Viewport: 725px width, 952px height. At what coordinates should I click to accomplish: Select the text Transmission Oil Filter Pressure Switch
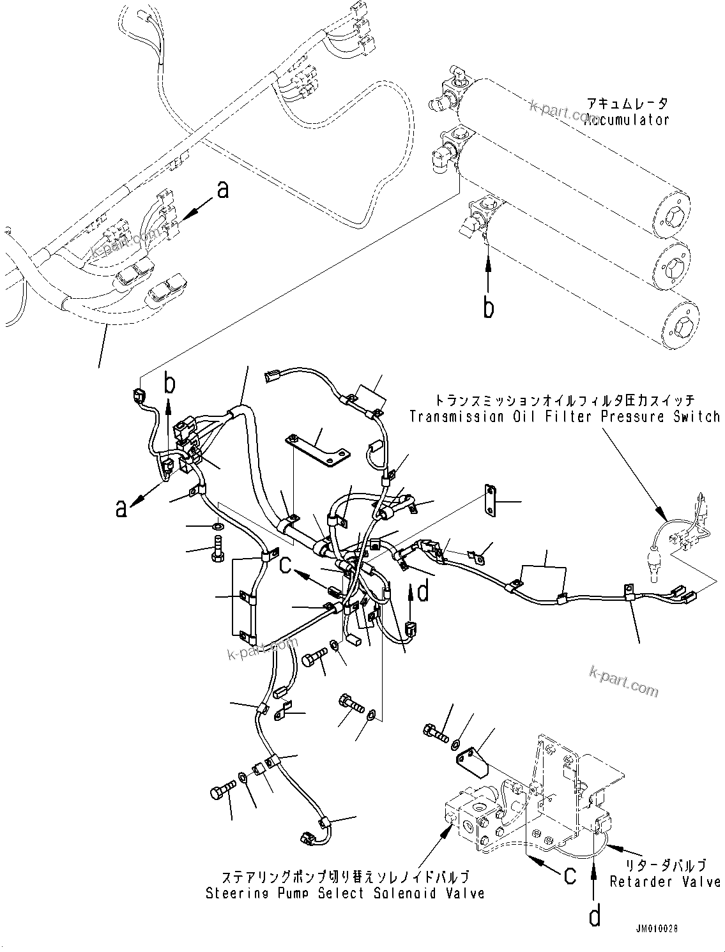(565, 417)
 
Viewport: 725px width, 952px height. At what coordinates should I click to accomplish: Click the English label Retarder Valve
(664, 882)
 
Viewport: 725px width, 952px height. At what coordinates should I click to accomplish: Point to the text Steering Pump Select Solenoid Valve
(344, 893)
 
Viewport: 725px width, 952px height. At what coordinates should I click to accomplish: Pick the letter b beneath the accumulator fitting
(489, 308)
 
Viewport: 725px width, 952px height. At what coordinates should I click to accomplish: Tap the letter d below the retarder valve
(595, 916)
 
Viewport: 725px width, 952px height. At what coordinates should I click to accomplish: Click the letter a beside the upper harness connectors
(222, 190)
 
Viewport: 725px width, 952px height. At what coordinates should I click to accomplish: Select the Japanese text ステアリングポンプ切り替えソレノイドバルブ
(345, 876)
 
